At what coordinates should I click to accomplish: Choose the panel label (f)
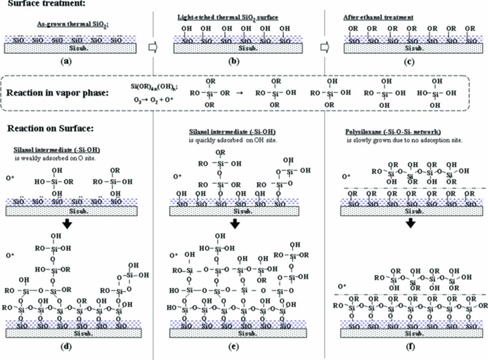click(409, 346)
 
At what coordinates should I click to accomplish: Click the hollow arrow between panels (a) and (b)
click(152, 47)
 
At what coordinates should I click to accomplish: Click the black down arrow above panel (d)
click(67, 225)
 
